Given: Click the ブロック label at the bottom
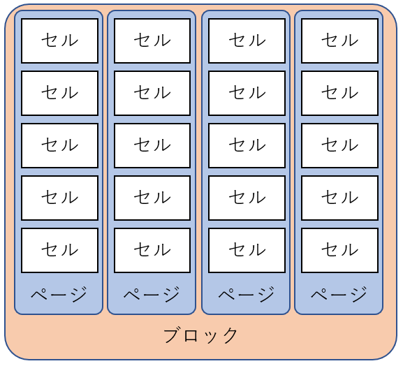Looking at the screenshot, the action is (200, 335).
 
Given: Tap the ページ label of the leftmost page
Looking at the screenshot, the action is (59, 294).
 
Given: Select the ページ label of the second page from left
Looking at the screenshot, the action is (152, 294).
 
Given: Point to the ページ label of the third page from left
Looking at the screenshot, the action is (247, 294).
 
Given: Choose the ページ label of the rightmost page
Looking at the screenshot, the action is (339, 294).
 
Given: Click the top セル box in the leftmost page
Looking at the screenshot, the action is (60, 41).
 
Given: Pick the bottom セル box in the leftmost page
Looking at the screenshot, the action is (60, 250).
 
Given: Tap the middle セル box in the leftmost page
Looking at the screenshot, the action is (60, 145).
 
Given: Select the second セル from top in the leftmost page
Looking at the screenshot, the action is (60, 93).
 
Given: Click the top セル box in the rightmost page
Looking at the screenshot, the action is (339, 41).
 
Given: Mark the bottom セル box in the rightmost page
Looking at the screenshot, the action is (339, 250).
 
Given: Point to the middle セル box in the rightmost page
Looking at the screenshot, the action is (339, 145).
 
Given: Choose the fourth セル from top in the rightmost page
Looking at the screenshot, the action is (339, 198).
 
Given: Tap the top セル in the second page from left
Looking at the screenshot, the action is (152, 41).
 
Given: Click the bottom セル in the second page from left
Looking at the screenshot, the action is (152, 250).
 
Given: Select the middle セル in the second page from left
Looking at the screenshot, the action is (152, 145).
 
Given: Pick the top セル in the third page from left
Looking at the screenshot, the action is (247, 41).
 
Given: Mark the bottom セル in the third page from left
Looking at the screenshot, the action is (247, 250).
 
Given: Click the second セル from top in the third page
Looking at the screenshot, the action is (247, 93).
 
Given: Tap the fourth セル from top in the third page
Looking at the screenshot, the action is (247, 198).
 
